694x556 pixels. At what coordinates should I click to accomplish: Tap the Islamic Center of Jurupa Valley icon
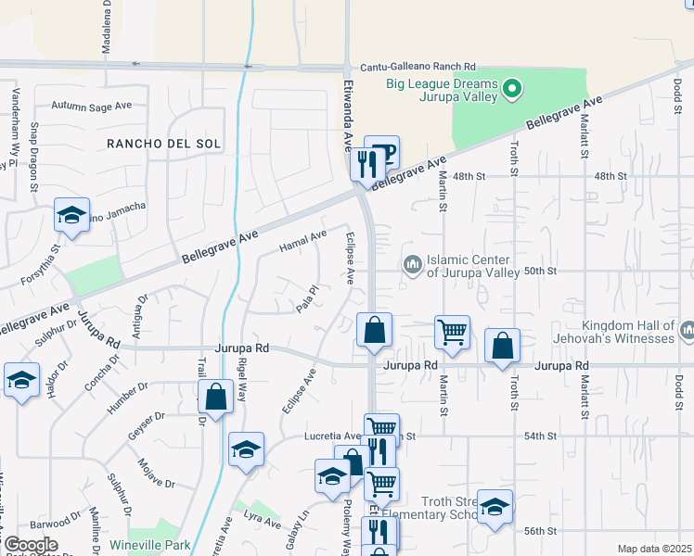[413, 267]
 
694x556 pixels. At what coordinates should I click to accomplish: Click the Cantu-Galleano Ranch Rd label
[418, 68]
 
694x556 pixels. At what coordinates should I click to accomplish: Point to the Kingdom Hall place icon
[688, 331]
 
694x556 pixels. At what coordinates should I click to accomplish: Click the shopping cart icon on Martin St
[452, 331]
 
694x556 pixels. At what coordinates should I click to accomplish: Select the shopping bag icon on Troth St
[502, 345]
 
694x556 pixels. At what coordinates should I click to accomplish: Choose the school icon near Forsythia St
[71, 215]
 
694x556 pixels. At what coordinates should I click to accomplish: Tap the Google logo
[30, 545]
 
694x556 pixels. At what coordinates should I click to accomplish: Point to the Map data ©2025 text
[654, 549]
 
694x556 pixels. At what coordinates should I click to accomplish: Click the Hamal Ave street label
[302, 243]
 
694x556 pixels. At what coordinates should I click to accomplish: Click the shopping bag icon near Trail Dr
[215, 398]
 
